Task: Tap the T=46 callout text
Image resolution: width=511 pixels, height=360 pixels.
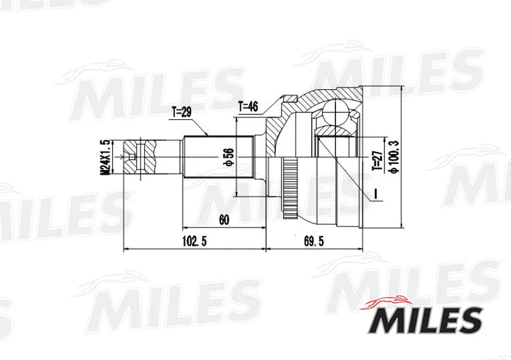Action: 248,106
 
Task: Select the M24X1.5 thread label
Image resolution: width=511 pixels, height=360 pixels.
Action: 105,157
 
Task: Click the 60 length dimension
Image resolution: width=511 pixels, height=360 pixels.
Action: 224,220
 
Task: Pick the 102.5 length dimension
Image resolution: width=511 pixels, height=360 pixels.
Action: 195,241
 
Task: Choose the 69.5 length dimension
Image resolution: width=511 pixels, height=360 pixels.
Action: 314,241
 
